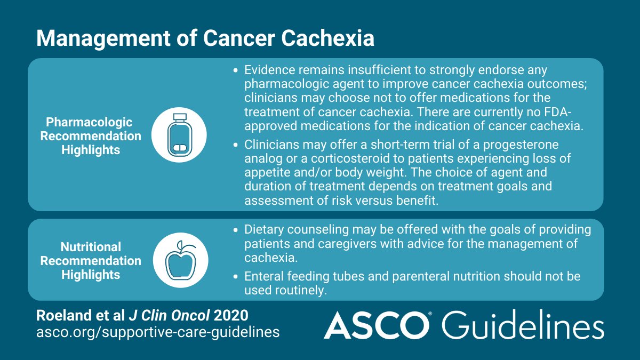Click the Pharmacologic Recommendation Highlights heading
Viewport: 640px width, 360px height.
pyautogui.click(x=90, y=136)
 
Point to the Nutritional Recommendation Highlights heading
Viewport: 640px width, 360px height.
pyautogui.click(x=90, y=261)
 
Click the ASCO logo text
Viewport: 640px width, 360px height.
pyautogui.click(x=377, y=325)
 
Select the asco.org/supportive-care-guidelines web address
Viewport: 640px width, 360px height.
pyautogui.click(x=157, y=332)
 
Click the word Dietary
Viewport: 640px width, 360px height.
pyautogui.click(x=267, y=230)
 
